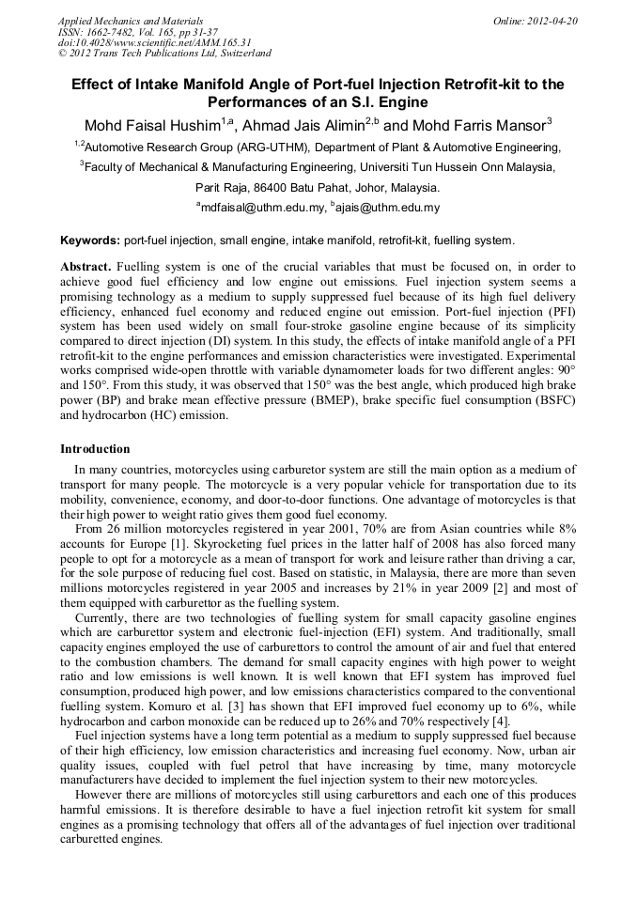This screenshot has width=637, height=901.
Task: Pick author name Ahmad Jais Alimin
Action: (x=303, y=126)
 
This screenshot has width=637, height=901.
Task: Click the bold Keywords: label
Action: (x=90, y=241)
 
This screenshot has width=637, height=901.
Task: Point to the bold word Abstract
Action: (x=85, y=266)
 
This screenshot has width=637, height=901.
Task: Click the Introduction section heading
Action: (x=95, y=449)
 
